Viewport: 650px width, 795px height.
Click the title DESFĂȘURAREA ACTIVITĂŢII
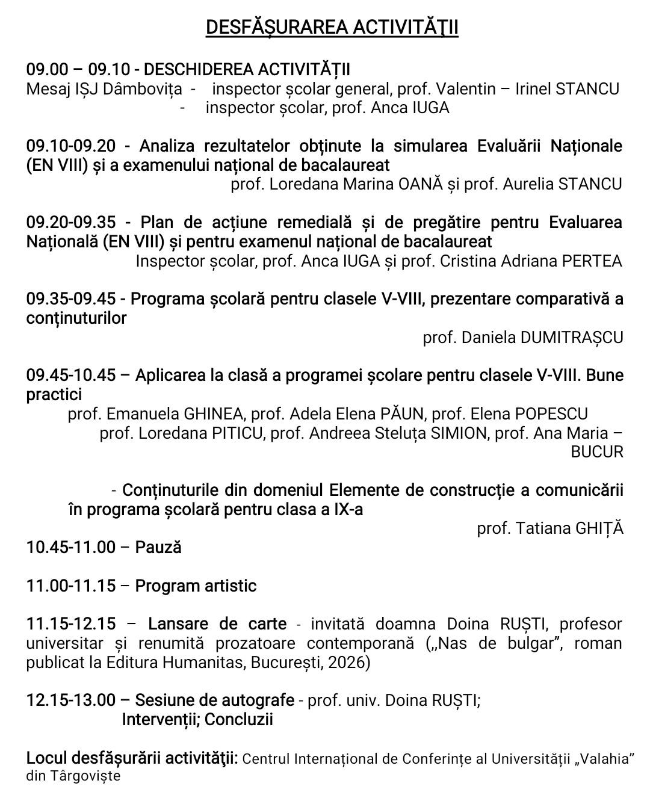(x=332, y=27)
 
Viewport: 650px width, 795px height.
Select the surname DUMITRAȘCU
(x=572, y=337)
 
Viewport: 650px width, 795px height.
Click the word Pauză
(x=158, y=548)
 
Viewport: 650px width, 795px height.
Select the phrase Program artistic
(x=196, y=586)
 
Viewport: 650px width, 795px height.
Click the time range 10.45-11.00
(x=70, y=548)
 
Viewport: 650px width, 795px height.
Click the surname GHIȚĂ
(x=599, y=528)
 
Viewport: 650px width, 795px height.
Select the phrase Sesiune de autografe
(x=214, y=701)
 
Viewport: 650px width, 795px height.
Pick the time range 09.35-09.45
(x=70, y=299)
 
